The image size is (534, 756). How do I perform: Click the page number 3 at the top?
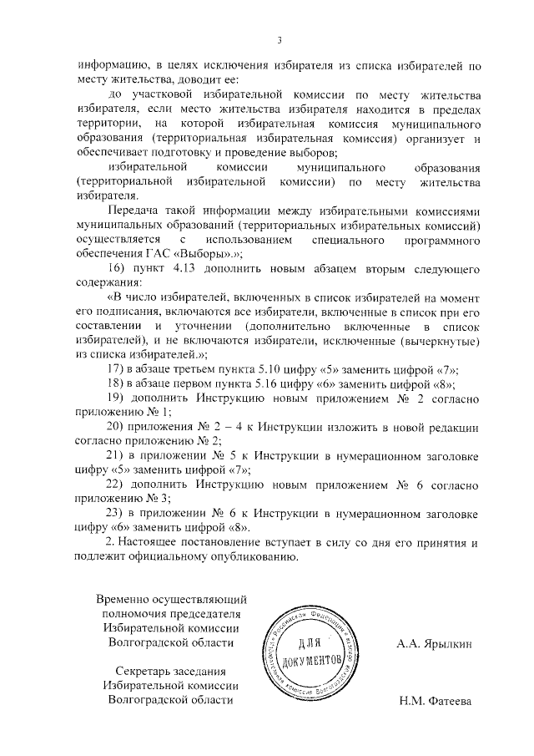click(280, 40)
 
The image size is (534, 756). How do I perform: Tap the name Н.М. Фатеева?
click(435, 701)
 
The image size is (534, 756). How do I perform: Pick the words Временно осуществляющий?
click(172, 598)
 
